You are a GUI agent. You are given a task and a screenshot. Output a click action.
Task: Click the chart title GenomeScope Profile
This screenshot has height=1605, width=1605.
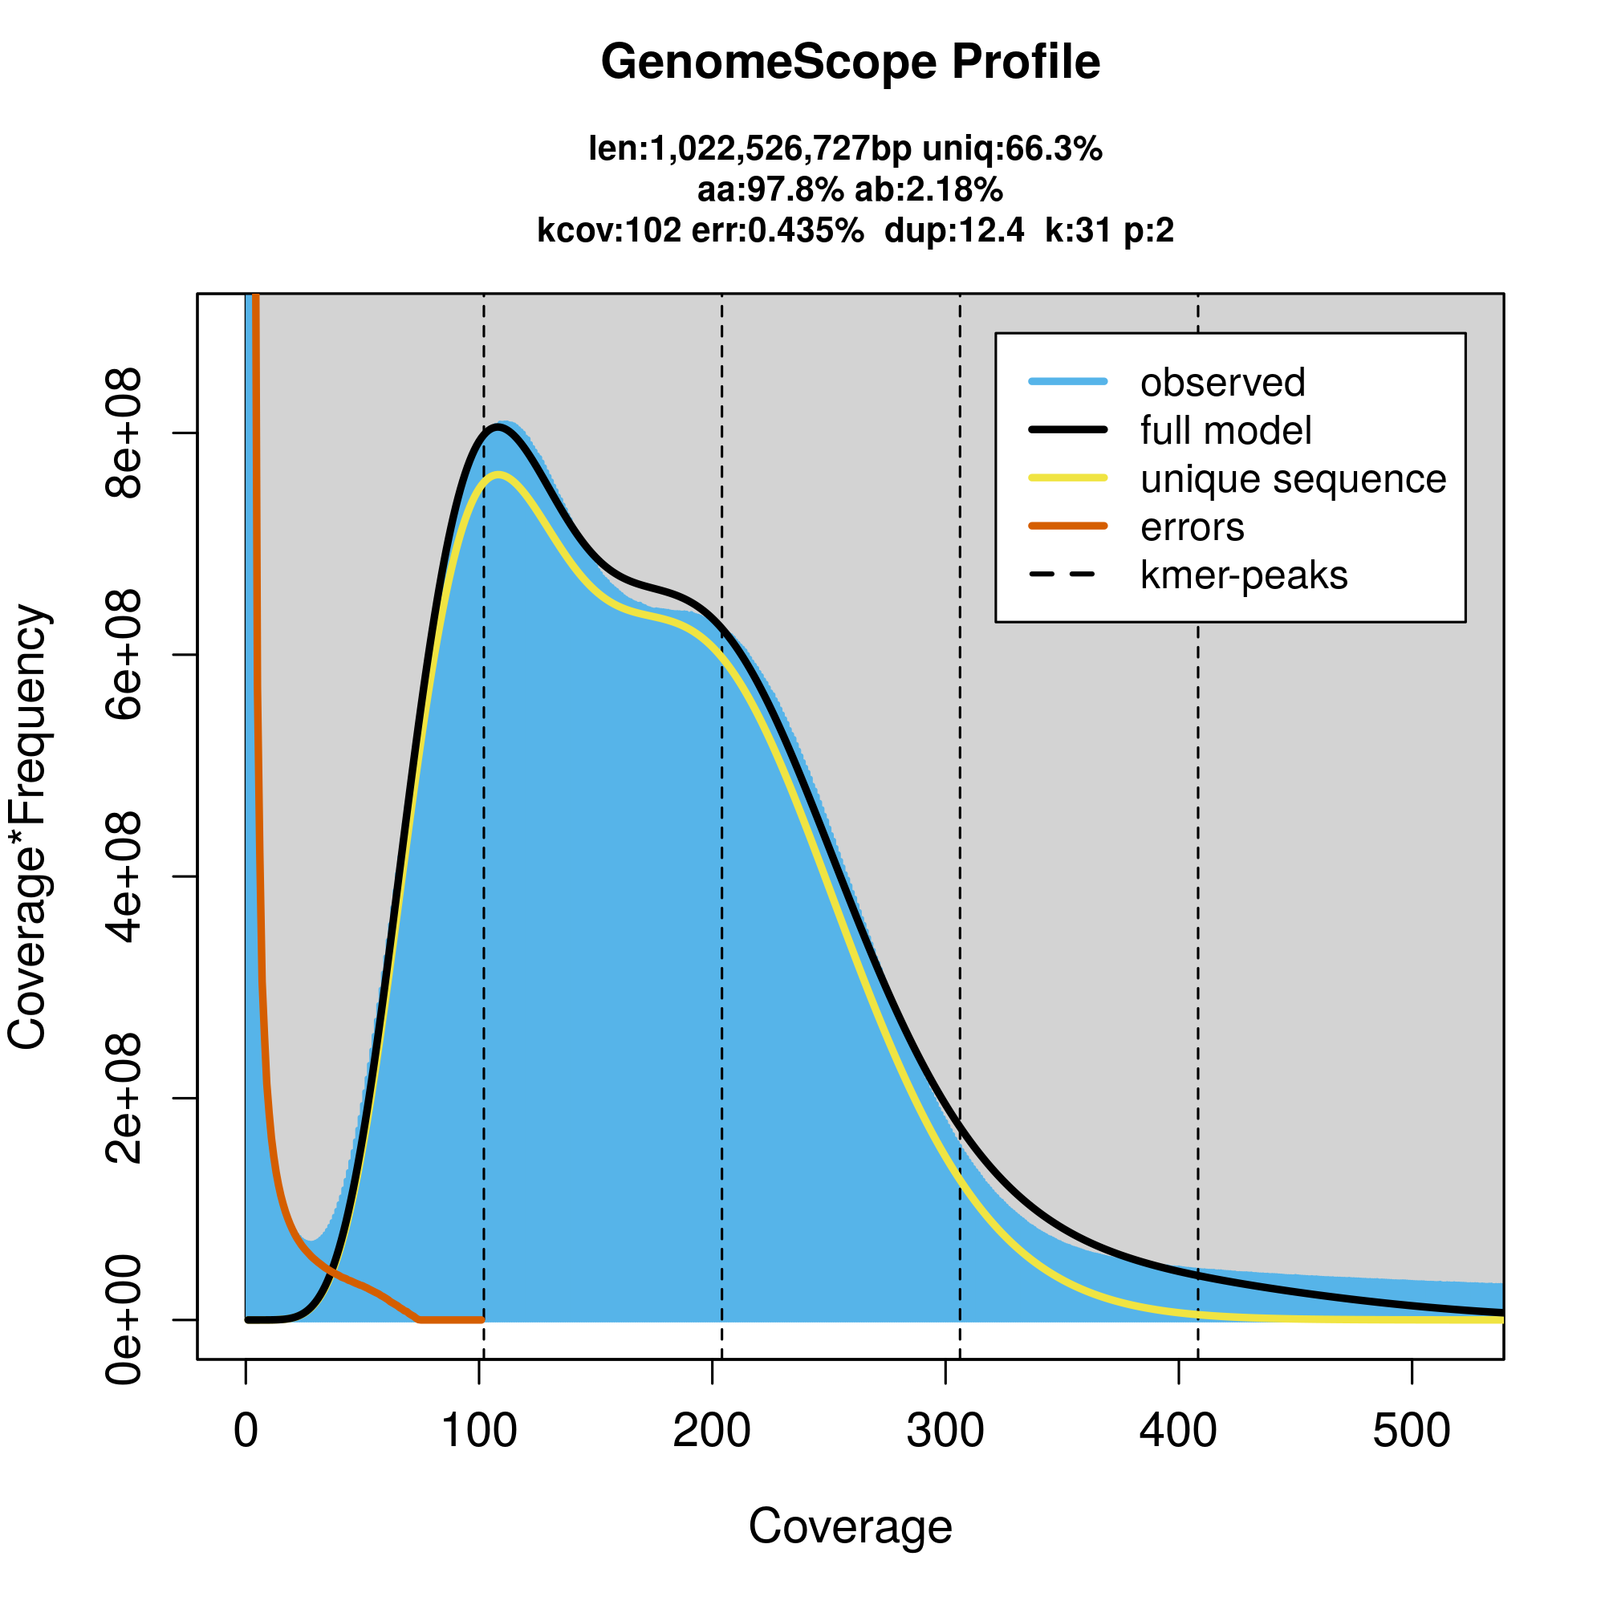click(x=850, y=63)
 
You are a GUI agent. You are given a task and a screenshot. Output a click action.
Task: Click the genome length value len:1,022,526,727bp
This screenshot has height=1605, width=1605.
click(x=750, y=149)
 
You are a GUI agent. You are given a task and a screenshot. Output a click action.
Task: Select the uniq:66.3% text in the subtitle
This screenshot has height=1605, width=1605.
click(x=1012, y=149)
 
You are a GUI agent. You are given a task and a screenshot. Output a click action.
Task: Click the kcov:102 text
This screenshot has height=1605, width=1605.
click(x=609, y=230)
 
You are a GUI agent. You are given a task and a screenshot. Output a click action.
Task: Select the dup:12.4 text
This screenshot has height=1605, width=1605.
click(x=954, y=230)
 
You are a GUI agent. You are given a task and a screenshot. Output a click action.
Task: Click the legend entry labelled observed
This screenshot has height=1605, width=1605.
click(x=1222, y=383)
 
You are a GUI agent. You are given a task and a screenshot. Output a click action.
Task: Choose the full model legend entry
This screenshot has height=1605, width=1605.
click(x=1225, y=431)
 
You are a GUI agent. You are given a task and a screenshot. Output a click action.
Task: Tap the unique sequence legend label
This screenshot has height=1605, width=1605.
click(x=1293, y=479)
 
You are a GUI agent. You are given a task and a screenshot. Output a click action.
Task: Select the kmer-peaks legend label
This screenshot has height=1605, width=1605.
click(x=1244, y=575)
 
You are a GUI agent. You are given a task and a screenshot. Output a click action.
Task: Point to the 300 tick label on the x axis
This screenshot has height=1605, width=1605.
click(x=945, y=1432)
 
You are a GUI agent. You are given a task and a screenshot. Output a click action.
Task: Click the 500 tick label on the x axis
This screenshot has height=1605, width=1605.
click(x=1412, y=1432)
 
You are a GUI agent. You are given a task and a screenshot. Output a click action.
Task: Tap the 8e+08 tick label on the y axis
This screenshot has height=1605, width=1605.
click(x=122, y=433)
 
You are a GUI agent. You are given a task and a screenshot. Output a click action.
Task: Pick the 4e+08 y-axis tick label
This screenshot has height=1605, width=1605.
click(x=122, y=877)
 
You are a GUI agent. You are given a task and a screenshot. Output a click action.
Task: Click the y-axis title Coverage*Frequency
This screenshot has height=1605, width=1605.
click(x=29, y=827)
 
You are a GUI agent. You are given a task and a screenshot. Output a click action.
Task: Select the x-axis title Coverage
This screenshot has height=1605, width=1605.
click(x=850, y=1527)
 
